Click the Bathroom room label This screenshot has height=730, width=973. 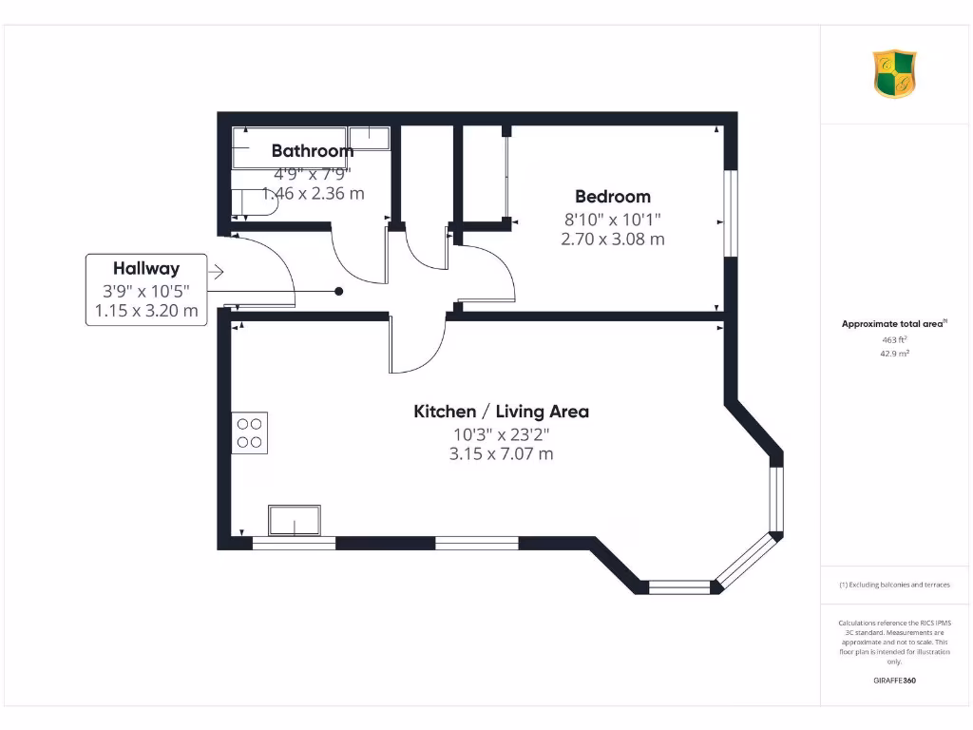click(312, 150)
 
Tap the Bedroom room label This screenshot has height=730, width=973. click(613, 197)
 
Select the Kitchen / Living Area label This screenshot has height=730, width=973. click(501, 412)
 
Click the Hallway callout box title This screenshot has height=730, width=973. click(146, 268)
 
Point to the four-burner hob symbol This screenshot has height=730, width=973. click(250, 432)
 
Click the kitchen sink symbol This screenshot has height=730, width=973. click(295, 521)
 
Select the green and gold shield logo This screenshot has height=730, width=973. click(894, 74)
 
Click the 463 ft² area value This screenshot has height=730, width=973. click(894, 338)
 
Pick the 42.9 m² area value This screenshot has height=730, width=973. click(894, 353)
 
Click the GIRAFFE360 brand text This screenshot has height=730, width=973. click(894, 681)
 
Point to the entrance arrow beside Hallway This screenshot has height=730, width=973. click(216, 273)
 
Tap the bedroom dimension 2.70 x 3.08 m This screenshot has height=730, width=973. click(613, 240)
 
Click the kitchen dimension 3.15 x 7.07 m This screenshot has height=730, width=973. click(501, 454)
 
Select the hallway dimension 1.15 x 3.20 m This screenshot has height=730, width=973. click(146, 310)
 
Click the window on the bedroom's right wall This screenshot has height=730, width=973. click(730, 213)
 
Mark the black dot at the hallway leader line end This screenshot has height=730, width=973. click(338, 292)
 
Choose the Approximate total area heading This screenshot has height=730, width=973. click(893, 324)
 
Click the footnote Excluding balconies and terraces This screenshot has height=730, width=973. click(894, 585)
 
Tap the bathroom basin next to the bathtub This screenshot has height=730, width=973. click(370, 138)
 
